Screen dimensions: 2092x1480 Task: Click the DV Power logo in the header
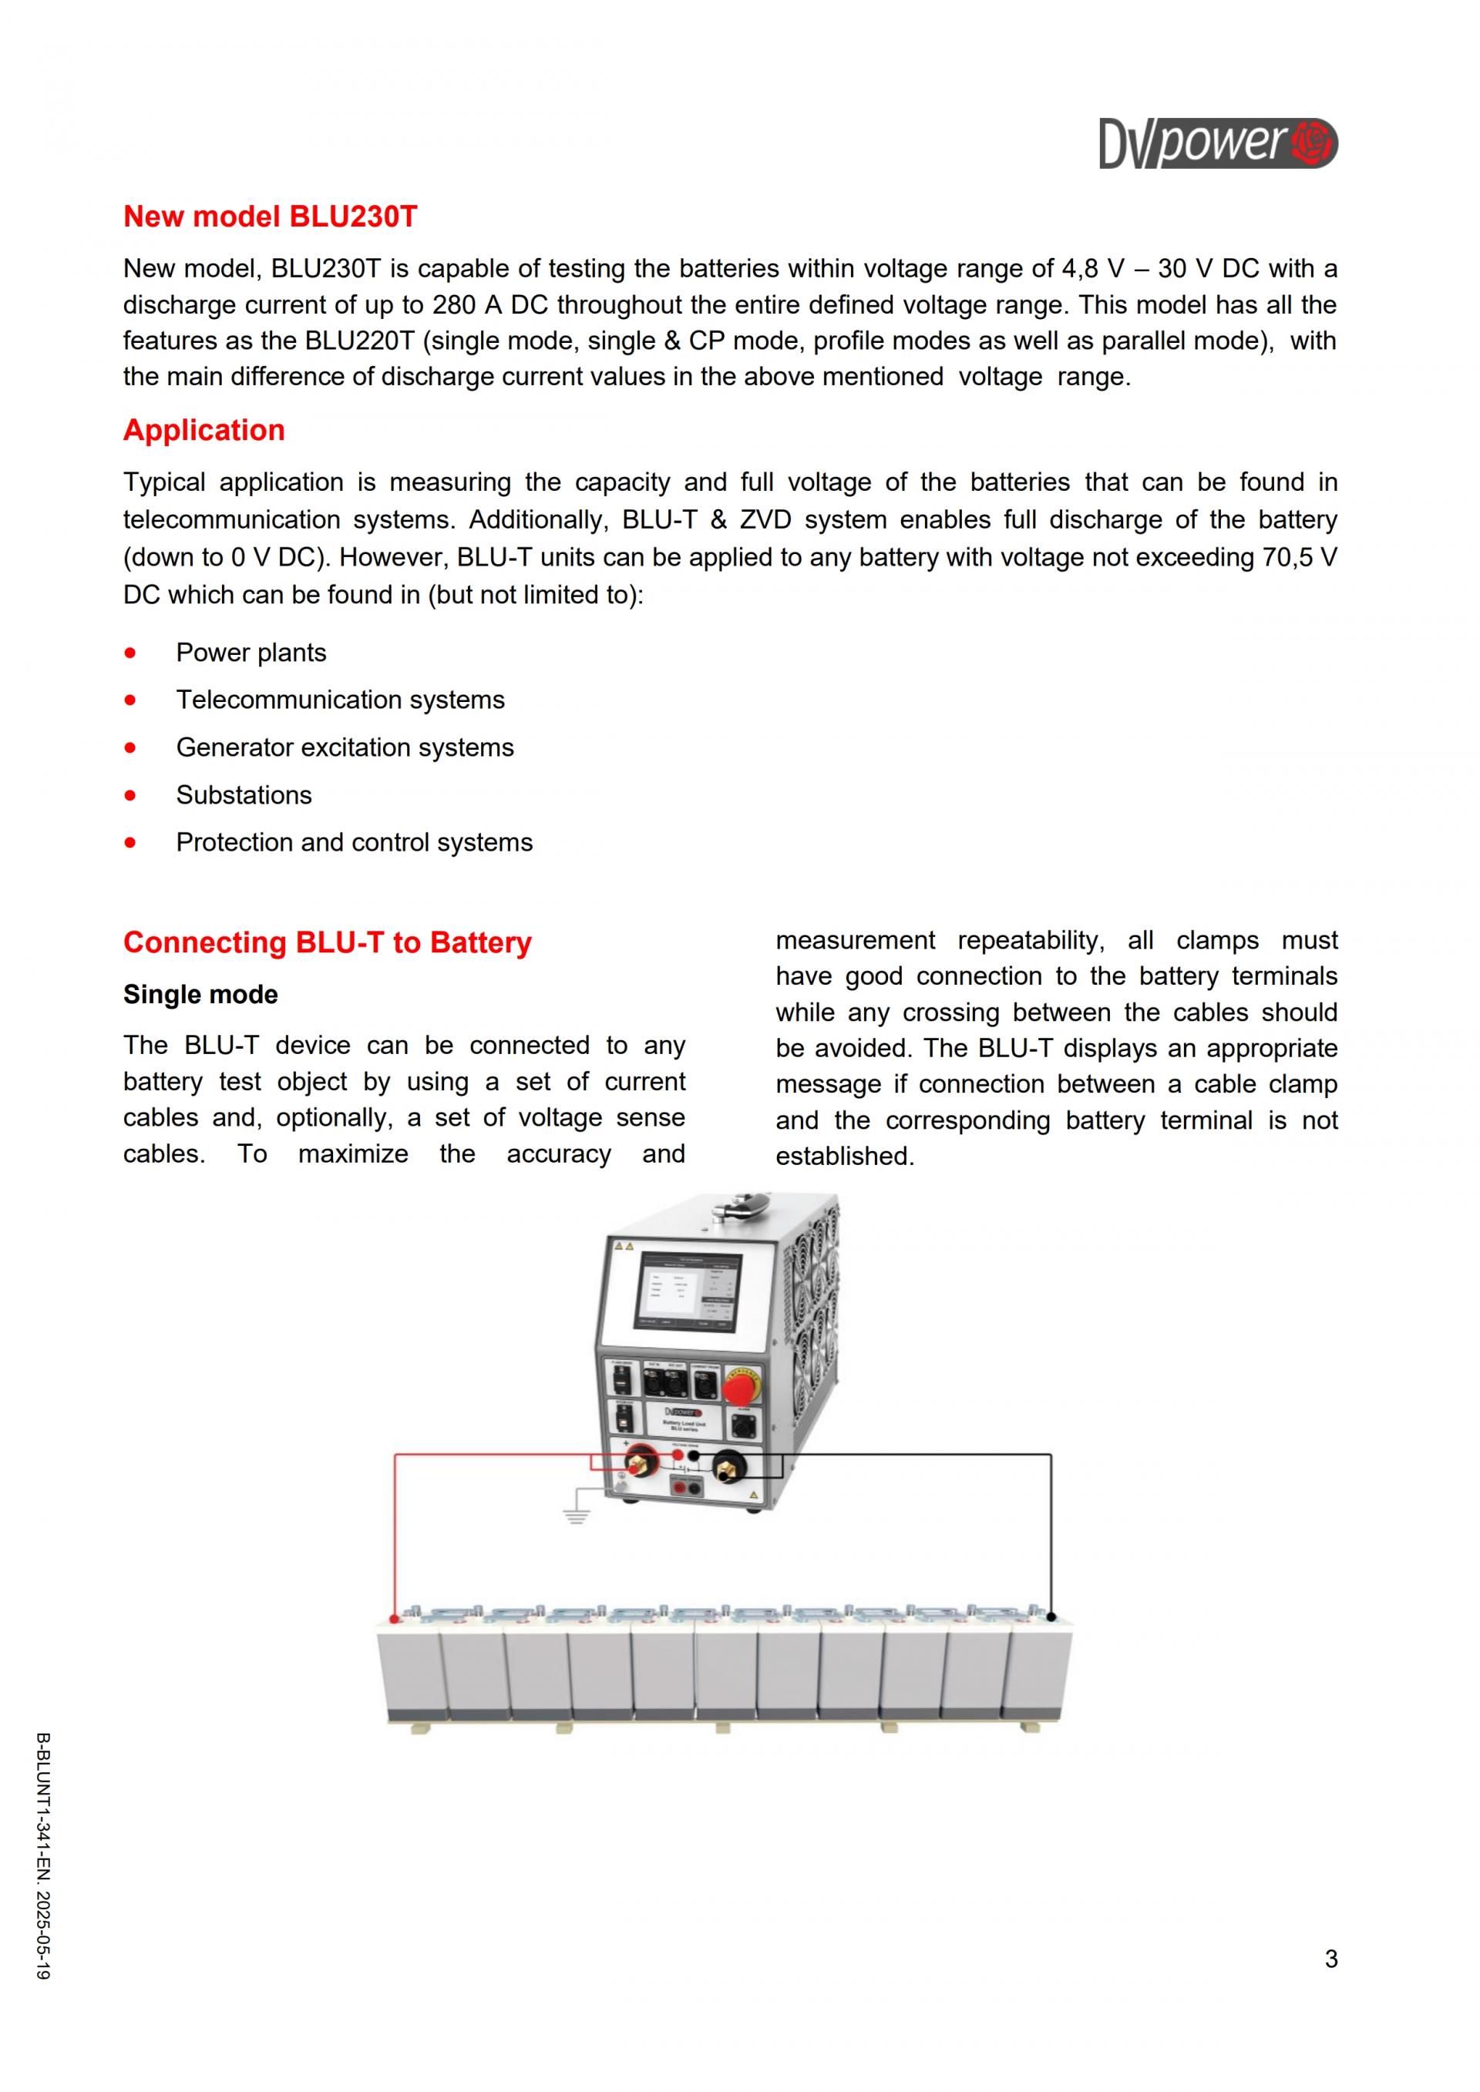(1218, 143)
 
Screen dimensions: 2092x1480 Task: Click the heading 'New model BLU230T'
(270, 217)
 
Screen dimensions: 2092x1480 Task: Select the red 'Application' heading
(204, 430)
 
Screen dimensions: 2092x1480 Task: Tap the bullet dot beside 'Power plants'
(130, 653)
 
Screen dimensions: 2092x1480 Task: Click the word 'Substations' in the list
(244, 794)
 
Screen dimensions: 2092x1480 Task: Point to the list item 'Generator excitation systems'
(345, 747)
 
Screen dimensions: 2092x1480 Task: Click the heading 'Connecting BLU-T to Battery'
(327, 942)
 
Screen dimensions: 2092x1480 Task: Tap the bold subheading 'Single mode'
(200, 994)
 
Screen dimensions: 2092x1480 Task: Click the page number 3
(1330, 1959)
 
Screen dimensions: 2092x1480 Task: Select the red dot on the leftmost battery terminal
(395, 1619)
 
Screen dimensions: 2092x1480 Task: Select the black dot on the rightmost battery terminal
(1051, 1618)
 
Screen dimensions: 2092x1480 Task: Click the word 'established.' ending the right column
(845, 1157)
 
